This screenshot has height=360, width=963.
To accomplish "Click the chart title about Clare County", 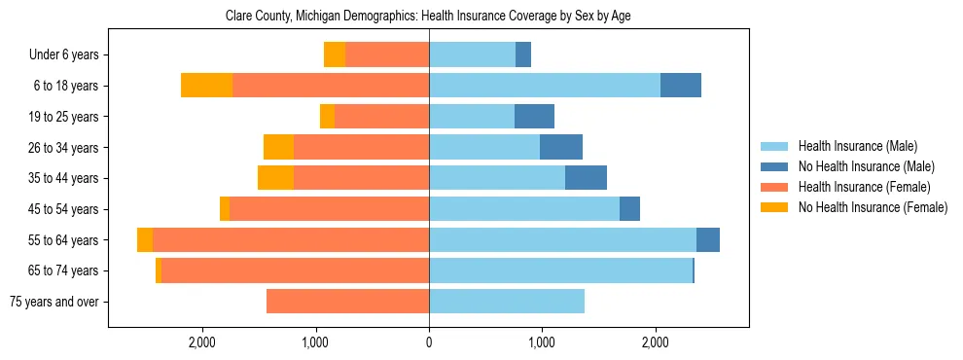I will coord(428,17).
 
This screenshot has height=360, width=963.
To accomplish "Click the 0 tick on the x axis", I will coord(429,342).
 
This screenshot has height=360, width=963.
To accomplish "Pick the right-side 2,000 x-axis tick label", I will coord(656,342).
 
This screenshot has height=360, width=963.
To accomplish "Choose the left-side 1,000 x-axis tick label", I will coord(315,342).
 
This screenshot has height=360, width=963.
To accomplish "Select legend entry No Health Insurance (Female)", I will coord(873,207).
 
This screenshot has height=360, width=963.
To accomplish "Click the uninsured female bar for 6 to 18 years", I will coord(206,86).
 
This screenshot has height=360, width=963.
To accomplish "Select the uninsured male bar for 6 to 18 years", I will coord(681,86).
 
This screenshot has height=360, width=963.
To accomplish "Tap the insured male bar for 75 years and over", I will coord(507,302).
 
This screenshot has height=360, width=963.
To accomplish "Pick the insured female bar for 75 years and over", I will coord(347,302).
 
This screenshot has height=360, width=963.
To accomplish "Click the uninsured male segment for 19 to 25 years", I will coord(534,117).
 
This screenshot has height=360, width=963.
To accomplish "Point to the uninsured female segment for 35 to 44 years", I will coord(275,178).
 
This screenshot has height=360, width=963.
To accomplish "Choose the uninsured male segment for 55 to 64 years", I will coord(708,240).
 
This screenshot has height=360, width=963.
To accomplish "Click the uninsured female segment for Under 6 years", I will coord(335,55).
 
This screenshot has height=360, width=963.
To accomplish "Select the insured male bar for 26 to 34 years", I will coord(484,148).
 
